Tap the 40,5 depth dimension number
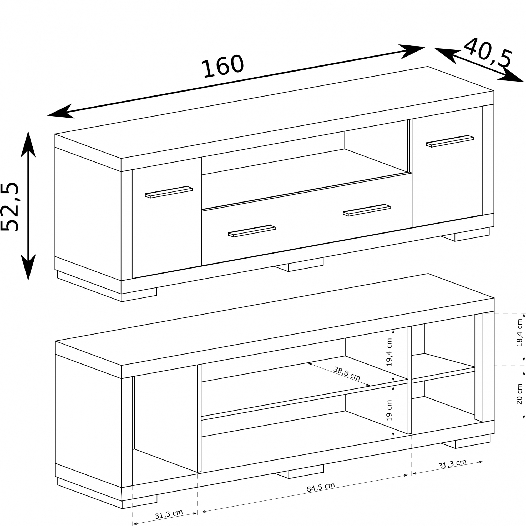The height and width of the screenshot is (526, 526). point(488,53)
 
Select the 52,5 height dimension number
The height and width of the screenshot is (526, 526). point(9,207)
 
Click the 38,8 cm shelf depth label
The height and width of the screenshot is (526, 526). point(347,373)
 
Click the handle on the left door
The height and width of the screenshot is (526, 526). point(169,192)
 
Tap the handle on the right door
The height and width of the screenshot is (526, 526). point(450,141)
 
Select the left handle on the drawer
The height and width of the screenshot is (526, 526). point(252,231)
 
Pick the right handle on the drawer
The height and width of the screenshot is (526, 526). point(367,210)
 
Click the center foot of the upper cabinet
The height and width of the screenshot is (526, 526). point(299,264)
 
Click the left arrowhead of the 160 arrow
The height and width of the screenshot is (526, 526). point(60,112)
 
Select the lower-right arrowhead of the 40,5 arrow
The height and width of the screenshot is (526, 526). point(510,75)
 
